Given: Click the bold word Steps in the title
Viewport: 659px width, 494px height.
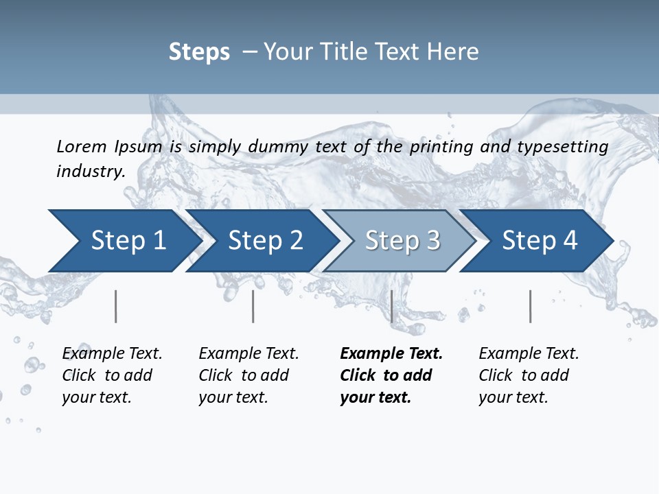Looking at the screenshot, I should [199, 52].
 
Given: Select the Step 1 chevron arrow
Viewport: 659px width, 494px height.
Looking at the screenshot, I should [124, 241].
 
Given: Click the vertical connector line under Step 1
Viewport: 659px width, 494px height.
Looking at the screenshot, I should [116, 306].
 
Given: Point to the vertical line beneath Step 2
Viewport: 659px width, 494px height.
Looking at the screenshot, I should [253, 306].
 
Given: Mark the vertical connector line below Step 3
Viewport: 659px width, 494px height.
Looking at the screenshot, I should [391, 306].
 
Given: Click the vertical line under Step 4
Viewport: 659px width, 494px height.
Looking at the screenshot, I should [531, 306].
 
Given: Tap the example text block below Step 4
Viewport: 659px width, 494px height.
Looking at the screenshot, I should [529, 375].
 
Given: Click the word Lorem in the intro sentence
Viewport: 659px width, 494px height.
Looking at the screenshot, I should [82, 147].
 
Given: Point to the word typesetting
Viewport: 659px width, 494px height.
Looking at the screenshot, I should [562, 147].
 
